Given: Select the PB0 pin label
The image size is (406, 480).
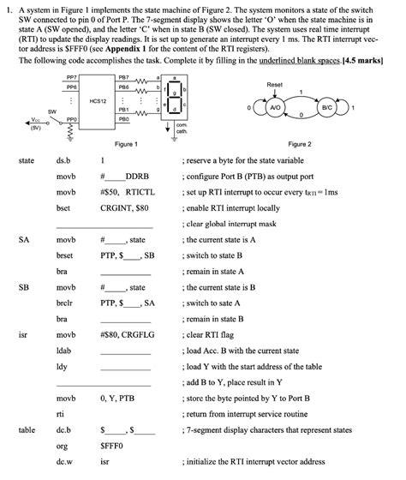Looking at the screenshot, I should click(122, 120).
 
